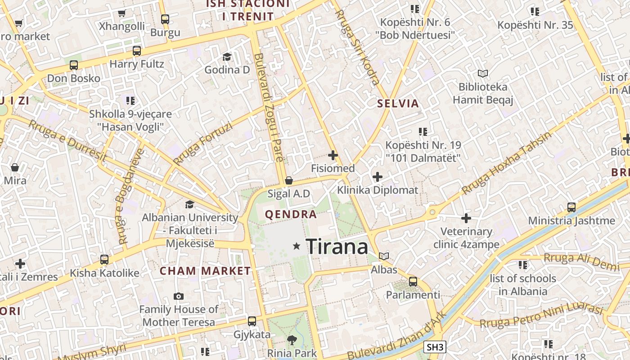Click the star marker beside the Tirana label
[x=297, y=246]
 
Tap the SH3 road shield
[x=435, y=347]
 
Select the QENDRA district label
[x=291, y=214]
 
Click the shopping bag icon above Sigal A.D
[x=289, y=180]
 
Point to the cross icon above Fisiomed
[x=333, y=155]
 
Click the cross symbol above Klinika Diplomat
[x=378, y=177]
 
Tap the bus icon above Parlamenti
[x=413, y=282]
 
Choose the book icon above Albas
[x=384, y=256]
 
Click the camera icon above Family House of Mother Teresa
[x=179, y=296]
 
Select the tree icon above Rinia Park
[x=292, y=340]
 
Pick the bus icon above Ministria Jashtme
[x=571, y=207]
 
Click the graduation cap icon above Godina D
[x=227, y=57]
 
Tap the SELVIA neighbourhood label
[x=398, y=103]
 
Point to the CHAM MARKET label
[x=205, y=271]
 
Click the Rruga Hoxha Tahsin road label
[x=506, y=163]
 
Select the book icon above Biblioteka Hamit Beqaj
[x=483, y=73]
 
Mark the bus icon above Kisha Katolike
[x=104, y=259]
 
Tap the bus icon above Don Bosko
[x=74, y=65]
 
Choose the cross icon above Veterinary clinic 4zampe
[x=466, y=219]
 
